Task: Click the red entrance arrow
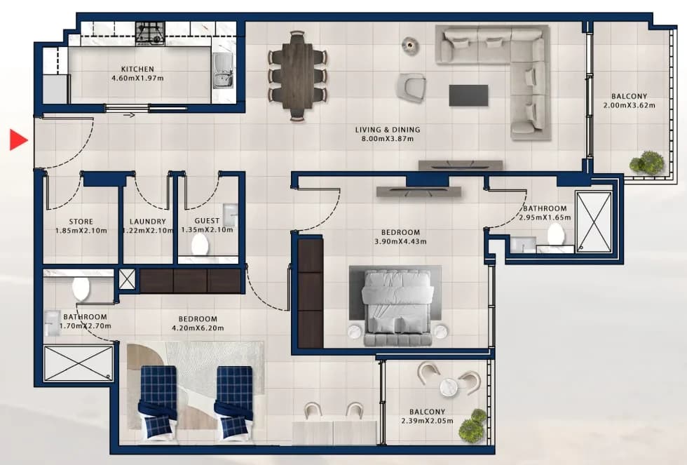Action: click(x=18, y=140)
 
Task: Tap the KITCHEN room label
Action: click(x=137, y=69)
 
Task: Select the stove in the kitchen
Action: click(x=150, y=34)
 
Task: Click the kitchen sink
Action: click(x=224, y=71)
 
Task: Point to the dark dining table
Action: click(x=297, y=75)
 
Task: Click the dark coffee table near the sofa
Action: click(x=468, y=95)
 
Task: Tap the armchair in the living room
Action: click(x=411, y=87)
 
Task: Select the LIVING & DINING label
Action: click(x=388, y=130)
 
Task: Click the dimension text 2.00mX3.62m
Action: click(x=630, y=105)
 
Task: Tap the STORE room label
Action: click(x=81, y=222)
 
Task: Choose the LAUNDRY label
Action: click(x=148, y=222)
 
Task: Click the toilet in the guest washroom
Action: click(x=200, y=244)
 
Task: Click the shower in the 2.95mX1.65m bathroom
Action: click(x=594, y=222)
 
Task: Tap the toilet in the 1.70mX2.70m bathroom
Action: click(x=81, y=288)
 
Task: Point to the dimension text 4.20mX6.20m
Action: click(x=198, y=328)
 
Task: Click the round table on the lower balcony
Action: click(x=449, y=387)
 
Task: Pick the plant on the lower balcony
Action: click(x=472, y=425)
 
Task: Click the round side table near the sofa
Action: click(x=410, y=45)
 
